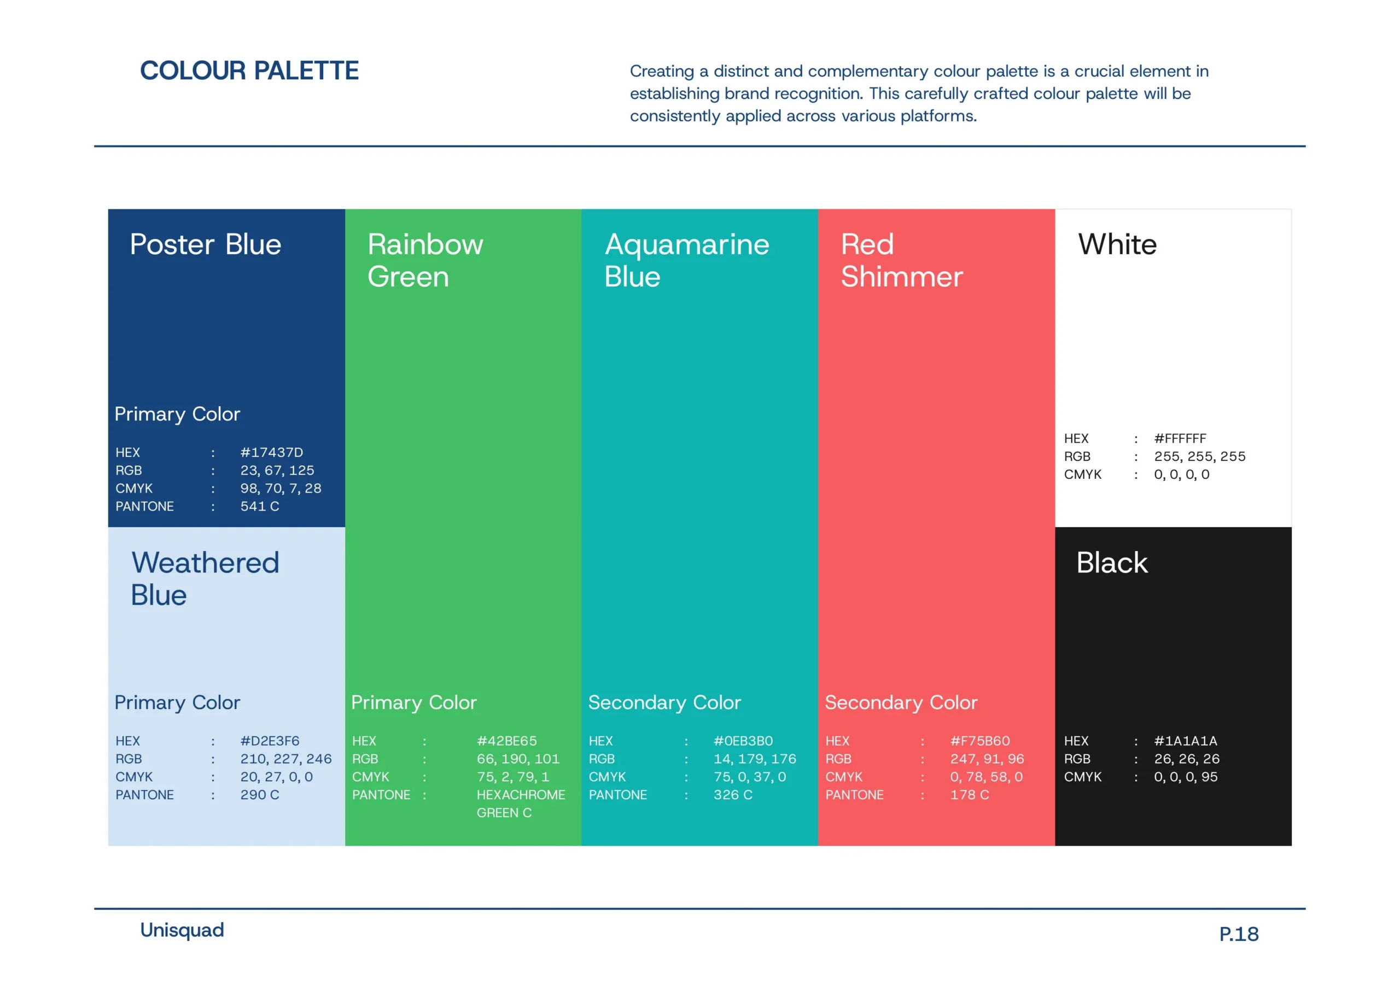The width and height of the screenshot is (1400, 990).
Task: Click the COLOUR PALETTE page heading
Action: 249,71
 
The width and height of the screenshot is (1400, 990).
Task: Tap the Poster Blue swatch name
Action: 206,244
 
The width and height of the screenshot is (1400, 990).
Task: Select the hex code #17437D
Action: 271,452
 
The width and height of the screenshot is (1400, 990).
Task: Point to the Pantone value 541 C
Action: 260,506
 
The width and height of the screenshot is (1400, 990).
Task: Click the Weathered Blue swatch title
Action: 205,578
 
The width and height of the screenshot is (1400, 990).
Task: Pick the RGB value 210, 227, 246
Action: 286,759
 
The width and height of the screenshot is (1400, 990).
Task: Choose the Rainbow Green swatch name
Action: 425,260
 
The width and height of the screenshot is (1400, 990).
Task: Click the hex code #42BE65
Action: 507,741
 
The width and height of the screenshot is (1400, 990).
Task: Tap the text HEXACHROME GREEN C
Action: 521,804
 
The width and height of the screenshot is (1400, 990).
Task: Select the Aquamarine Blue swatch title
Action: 686,260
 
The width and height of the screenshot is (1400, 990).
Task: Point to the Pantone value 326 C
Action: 733,795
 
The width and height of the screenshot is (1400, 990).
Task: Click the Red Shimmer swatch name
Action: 902,260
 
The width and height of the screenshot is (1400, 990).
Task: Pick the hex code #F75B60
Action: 980,741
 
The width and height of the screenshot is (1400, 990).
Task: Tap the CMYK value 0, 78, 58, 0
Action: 987,777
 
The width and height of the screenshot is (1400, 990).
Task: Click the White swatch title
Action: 1117,244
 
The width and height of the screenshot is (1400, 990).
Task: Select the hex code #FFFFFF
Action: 1180,438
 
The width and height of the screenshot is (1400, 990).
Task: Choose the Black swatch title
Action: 1112,563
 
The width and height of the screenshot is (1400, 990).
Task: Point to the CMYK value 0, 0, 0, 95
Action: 1186,777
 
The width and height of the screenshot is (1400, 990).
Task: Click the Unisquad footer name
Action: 182,930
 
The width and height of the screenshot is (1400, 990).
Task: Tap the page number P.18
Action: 1239,934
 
